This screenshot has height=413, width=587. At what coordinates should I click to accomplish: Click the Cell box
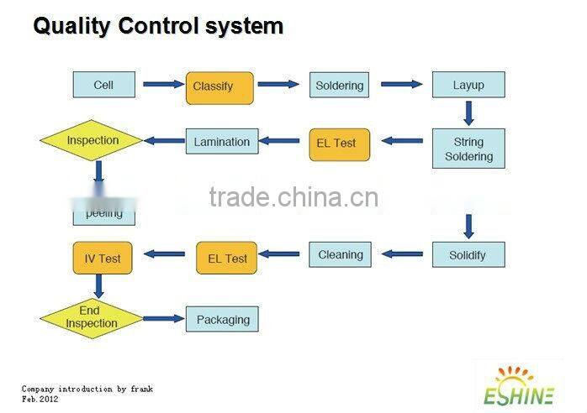(x=103, y=85)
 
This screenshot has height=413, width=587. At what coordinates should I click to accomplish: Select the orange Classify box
(x=219, y=86)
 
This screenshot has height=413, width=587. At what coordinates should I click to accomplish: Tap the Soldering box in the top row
(x=339, y=86)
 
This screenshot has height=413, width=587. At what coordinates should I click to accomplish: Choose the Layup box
(x=468, y=86)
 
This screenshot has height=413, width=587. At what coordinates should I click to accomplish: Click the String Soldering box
(x=468, y=149)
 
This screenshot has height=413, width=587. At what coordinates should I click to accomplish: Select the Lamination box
(x=221, y=142)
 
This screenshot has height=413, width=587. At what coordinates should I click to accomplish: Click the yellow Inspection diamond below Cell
(x=93, y=141)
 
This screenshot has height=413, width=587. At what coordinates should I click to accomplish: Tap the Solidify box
(x=468, y=255)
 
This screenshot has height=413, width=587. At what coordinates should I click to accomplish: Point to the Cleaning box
(x=341, y=254)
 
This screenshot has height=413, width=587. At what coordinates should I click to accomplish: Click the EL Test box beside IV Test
(x=227, y=259)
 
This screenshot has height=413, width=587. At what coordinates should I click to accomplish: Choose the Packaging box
(x=223, y=320)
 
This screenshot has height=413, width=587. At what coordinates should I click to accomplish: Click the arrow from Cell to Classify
(x=162, y=84)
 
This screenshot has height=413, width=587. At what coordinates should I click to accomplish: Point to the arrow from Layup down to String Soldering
(x=468, y=112)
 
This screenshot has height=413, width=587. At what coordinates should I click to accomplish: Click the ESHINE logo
(x=519, y=386)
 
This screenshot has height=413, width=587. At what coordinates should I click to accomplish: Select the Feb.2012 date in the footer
(x=40, y=400)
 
